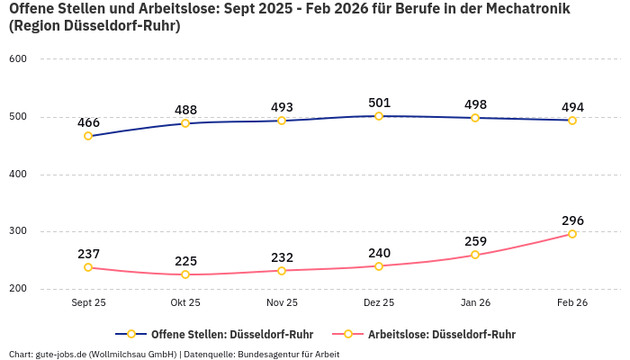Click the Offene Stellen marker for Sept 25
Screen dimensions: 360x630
point(88,136)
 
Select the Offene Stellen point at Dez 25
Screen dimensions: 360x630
point(379,116)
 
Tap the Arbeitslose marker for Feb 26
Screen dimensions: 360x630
point(572,234)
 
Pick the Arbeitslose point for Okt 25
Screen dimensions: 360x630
point(185,274)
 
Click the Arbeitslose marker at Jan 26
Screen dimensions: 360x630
point(475,255)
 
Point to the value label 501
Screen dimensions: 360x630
point(379,103)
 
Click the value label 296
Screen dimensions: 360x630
point(572,220)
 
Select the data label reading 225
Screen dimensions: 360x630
point(185,261)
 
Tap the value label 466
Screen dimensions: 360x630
point(88,122)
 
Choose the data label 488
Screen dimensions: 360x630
point(185,110)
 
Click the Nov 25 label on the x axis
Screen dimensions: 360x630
point(282,302)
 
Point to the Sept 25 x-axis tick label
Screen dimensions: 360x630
point(88,302)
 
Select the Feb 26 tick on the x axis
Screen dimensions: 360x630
point(572,302)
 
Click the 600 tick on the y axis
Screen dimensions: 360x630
point(18,58)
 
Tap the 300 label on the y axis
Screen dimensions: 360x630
point(18,231)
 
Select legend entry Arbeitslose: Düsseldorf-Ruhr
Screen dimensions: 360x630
point(441,334)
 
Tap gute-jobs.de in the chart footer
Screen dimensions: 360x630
point(60,354)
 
